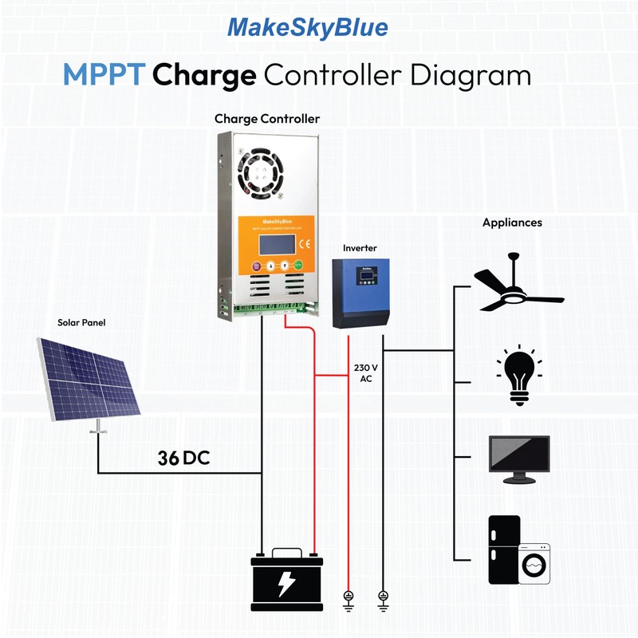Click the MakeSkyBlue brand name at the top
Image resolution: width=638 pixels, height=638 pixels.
pos(308,28)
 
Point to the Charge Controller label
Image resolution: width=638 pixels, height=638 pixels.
pos(267,119)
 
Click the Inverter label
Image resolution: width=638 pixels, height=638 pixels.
pos(360,248)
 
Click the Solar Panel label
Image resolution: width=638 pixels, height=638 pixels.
pos(81,323)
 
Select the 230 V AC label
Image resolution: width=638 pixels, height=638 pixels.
pos(365,374)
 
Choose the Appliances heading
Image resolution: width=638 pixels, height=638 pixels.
pos(512,223)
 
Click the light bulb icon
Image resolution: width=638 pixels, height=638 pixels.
pos(518,376)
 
